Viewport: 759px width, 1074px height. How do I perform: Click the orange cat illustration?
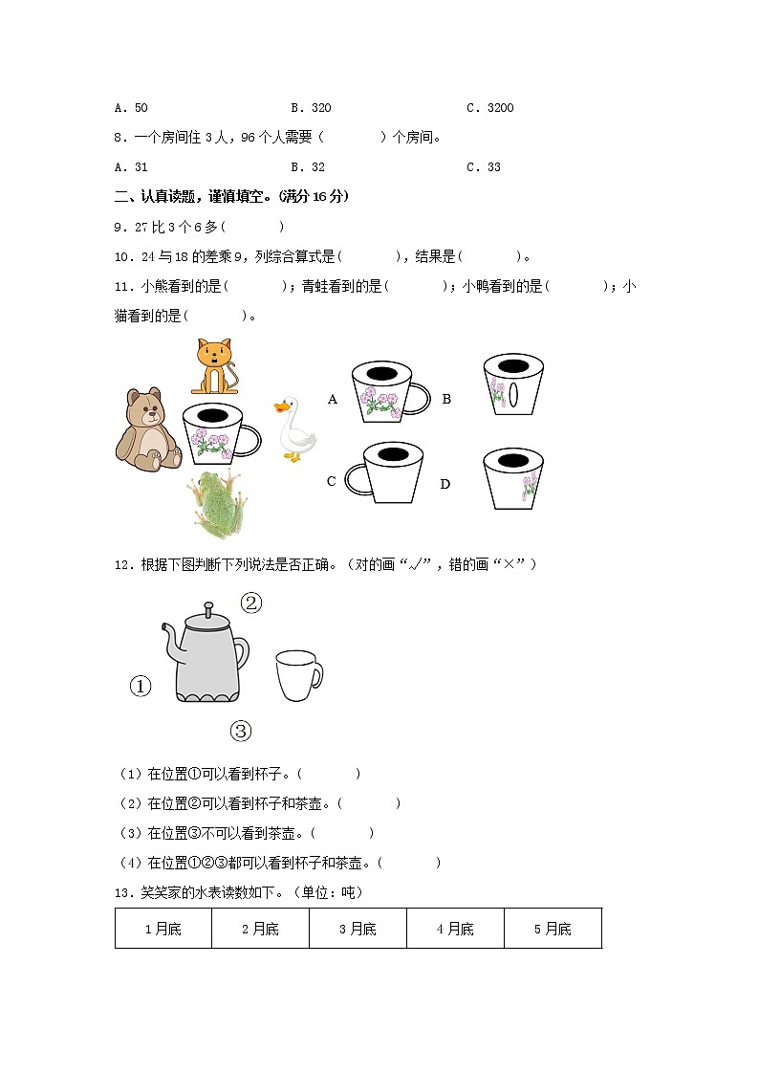click(x=214, y=366)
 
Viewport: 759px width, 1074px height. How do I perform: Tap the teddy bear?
click(x=148, y=429)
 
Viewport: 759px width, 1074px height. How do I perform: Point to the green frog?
click(x=219, y=505)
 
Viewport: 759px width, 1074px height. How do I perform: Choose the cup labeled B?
click(x=513, y=384)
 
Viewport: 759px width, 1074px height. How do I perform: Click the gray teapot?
click(x=207, y=655)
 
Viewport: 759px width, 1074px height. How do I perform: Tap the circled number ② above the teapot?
click(x=250, y=603)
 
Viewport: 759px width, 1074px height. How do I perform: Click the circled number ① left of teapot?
click(x=141, y=686)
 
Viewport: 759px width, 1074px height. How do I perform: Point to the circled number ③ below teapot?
click(x=240, y=732)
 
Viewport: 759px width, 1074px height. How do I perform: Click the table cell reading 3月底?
click(x=358, y=929)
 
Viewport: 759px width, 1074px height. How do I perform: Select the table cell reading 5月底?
click(x=553, y=929)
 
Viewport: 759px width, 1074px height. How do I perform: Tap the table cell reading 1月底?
click(x=163, y=929)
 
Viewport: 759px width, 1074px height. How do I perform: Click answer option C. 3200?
click(x=489, y=108)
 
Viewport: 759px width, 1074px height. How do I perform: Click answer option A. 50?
click(x=131, y=108)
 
